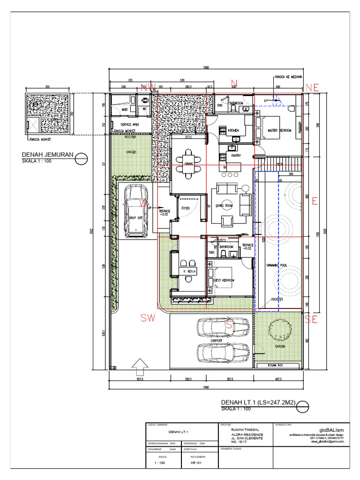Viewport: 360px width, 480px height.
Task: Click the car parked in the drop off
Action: tap(135, 211)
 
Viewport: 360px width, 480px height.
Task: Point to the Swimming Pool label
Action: tap(276, 265)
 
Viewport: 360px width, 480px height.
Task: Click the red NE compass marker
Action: tap(312, 88)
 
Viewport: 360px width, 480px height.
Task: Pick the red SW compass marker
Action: tap(148, 318)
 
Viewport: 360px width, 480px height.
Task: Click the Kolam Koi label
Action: tap(277, 365)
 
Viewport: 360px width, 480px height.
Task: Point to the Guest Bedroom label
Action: tap(224, 280)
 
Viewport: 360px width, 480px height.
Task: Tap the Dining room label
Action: tap(189, 164)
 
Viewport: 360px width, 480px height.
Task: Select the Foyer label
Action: tap(186, 207)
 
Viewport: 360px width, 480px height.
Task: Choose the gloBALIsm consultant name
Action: tap(331, 429)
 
